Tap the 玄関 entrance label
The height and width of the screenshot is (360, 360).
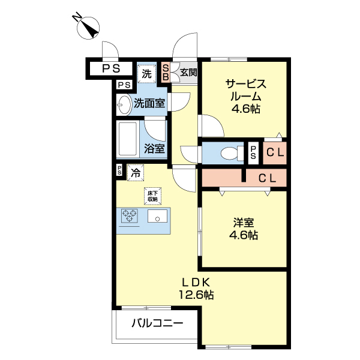coord(188,73)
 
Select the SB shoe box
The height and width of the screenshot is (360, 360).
coord(166,72)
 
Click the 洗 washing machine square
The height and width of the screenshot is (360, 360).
coord(146,74)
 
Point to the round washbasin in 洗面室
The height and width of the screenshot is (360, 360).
coord(124,104)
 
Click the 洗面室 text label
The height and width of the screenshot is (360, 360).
coord(149,103)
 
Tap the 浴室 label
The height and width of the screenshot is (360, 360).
coord(155,148)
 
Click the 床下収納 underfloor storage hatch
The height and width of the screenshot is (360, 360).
coord(152,196)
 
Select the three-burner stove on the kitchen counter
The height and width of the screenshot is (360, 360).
coord(130,217)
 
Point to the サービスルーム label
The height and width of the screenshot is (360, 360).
coord(245,90)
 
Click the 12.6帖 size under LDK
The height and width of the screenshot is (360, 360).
coord(196,295)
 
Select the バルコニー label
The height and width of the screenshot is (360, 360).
coord(157,323)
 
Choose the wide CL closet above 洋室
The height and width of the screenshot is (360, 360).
coord(266,178)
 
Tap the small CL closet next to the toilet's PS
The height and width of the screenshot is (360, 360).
coord(275,152)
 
